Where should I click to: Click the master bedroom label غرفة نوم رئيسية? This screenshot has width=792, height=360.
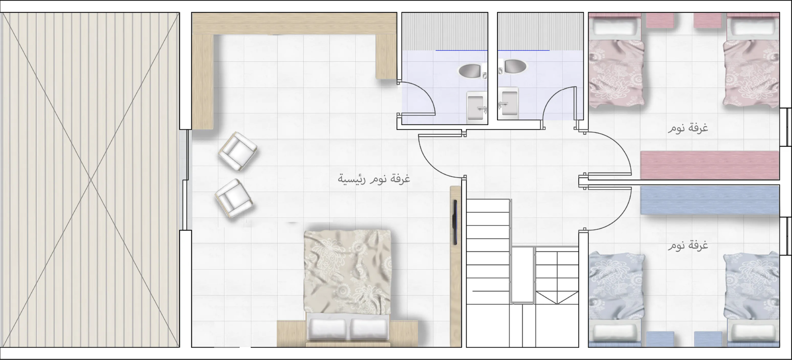(x=374, y=179)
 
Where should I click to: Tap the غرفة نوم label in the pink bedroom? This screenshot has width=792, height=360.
(x=687, y=128)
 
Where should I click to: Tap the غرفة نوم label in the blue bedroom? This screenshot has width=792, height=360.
(x=687, y=245)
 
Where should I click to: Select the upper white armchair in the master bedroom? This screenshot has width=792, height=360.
(x=238, y=152)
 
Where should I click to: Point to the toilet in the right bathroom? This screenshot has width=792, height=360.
(x=512, y=66)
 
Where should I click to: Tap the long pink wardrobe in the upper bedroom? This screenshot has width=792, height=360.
(x=710, y=165)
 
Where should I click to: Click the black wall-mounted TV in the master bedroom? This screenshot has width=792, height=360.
(x=455, y=222)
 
